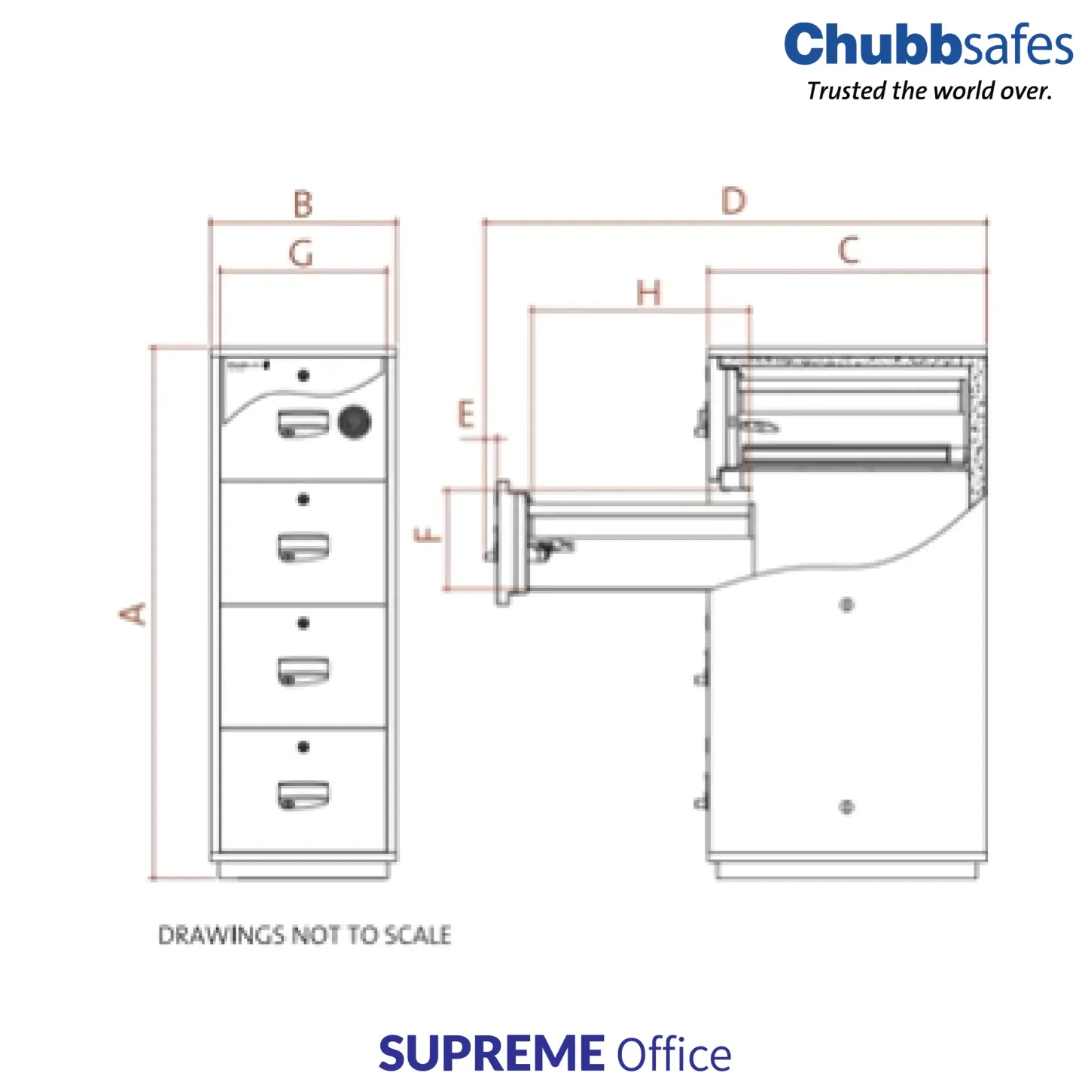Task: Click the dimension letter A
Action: tap(134, 613)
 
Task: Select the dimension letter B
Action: tap(303, 204)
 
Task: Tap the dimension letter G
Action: tap(301, 254)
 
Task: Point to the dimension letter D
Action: tap(734, 201)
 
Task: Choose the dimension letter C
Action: tap(849, 250)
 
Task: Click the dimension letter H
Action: tap(649, 293)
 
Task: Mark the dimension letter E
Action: tap(466, 415)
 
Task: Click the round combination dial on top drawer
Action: tap(355, 422)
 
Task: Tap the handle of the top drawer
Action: tap(303, 424)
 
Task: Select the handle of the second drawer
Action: tap(303, 547)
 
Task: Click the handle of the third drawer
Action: tap(303, 672)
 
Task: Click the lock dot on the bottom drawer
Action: tap(303, 747)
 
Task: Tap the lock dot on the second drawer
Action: tap(303, 499)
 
